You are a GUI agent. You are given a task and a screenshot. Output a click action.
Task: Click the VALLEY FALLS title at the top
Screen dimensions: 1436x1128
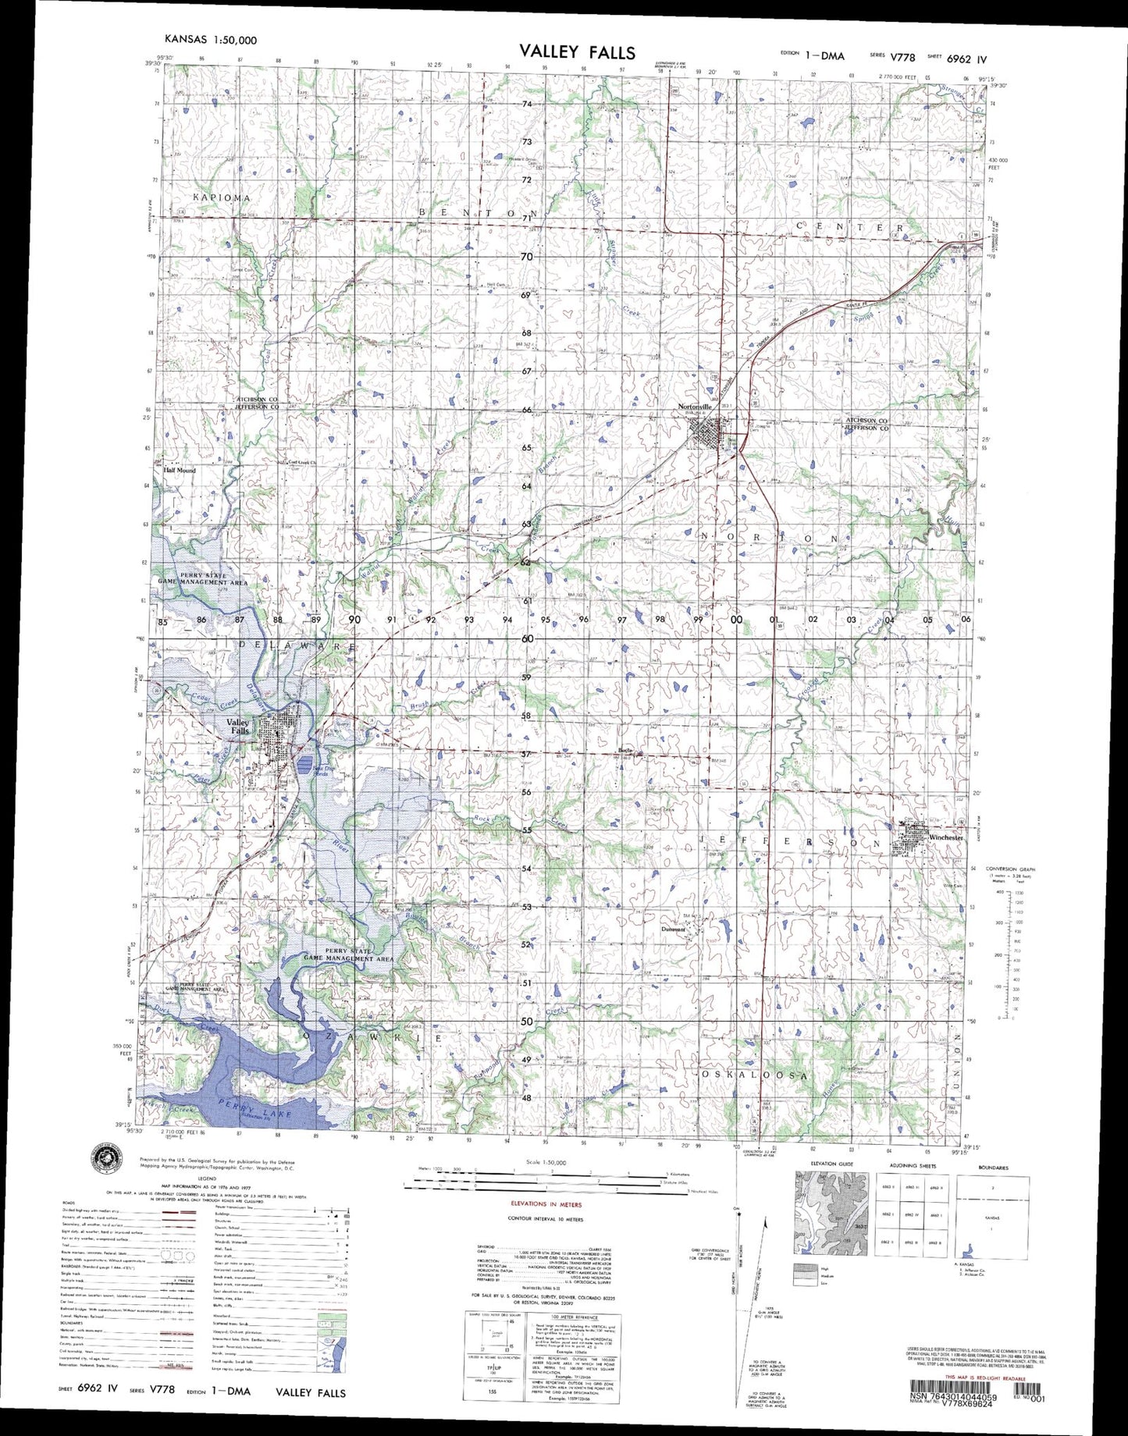(577, 52)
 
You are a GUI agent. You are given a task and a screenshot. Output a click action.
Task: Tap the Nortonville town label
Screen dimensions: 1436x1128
(695, 407)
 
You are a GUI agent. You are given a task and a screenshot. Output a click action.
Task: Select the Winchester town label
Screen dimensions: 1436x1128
(946, 837)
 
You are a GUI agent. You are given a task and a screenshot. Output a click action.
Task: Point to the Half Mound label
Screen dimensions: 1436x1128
(180, 471)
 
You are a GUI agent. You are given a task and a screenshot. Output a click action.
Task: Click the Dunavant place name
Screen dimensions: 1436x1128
(672, 929)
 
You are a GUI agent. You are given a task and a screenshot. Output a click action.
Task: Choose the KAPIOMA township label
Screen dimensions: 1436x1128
(222, 197)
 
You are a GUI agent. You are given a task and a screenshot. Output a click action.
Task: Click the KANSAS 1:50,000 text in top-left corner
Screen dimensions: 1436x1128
(210, 40)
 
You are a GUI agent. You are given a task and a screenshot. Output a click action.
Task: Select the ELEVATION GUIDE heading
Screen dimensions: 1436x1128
(831, 1164)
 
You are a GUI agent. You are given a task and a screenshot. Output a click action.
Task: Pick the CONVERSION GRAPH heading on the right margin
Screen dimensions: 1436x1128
(1008, 869)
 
